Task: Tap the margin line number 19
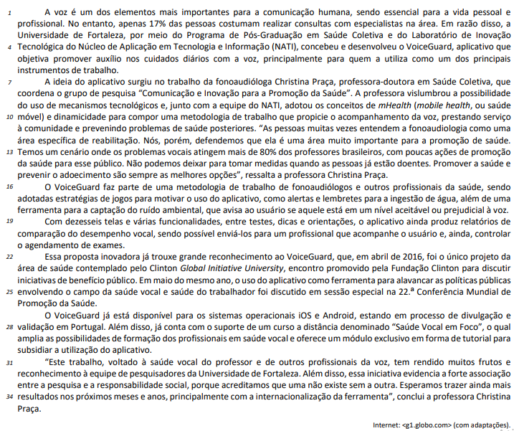pos(9,220)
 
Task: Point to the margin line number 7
pos(9,82)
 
